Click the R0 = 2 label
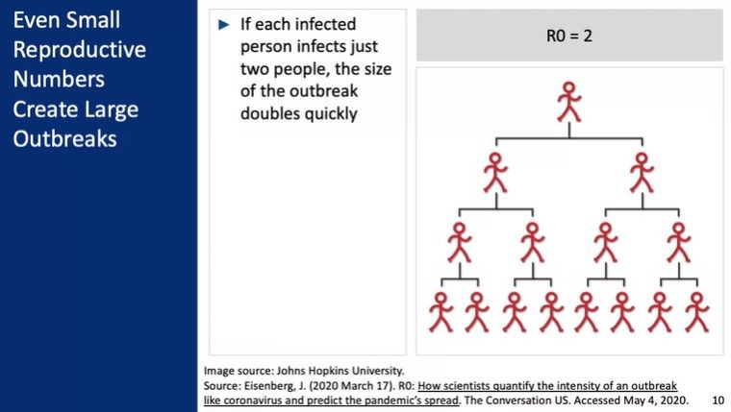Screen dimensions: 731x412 click(x=569, y=36)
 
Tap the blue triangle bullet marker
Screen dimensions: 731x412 click(x=224, y=25)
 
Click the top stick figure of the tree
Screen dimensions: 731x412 click(x=569, y=102)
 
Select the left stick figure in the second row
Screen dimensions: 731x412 click(x=495, y=173)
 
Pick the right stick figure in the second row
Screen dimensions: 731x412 click(x=642, y=173)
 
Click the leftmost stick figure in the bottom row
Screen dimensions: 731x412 click(x=441, y=312)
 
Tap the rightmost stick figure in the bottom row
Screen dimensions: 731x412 click(x=697, y=312)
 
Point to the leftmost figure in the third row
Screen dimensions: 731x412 click(x=459, y=243)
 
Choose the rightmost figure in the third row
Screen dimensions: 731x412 click(x=678, y=243)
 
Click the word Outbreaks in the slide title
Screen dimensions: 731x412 click(x=64, y=138)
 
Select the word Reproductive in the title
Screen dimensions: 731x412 click(x=80, y=50)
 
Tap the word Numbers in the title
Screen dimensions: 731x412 click(x=59, y=79)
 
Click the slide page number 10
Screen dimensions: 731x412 click(x=718, y=400)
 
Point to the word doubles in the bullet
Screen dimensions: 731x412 click(x=268, y=113)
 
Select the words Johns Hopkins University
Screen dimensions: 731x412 click(x=340, y=371)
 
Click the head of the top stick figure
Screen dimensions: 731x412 click(x=568, y=87)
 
